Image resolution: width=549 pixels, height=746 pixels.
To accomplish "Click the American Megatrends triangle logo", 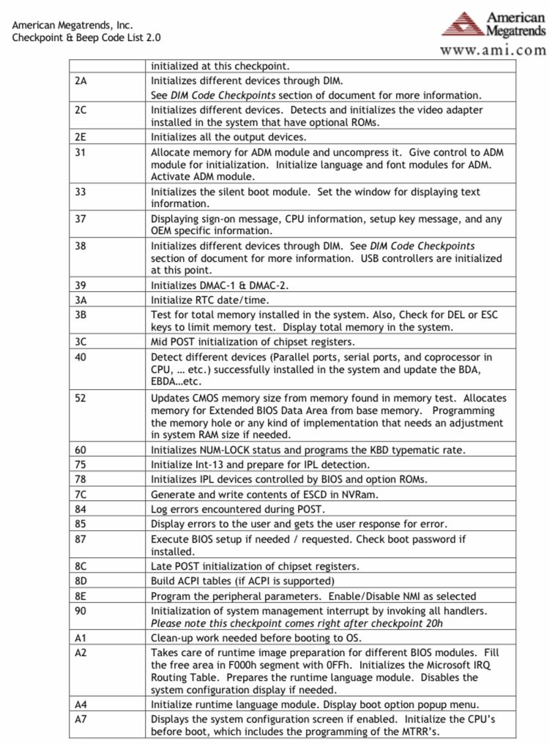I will point(464,24).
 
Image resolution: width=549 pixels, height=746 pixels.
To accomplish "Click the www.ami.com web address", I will point(493,50).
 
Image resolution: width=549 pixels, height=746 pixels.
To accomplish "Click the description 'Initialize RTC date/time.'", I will point(210,298).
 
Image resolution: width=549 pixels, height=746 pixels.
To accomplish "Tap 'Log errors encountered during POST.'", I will point(238,509).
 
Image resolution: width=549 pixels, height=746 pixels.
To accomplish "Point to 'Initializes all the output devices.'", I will point(228,137).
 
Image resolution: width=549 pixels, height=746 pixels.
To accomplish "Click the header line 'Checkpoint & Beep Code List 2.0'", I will point(86,37).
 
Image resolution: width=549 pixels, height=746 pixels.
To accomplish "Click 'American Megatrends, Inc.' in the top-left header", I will point(72,24).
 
